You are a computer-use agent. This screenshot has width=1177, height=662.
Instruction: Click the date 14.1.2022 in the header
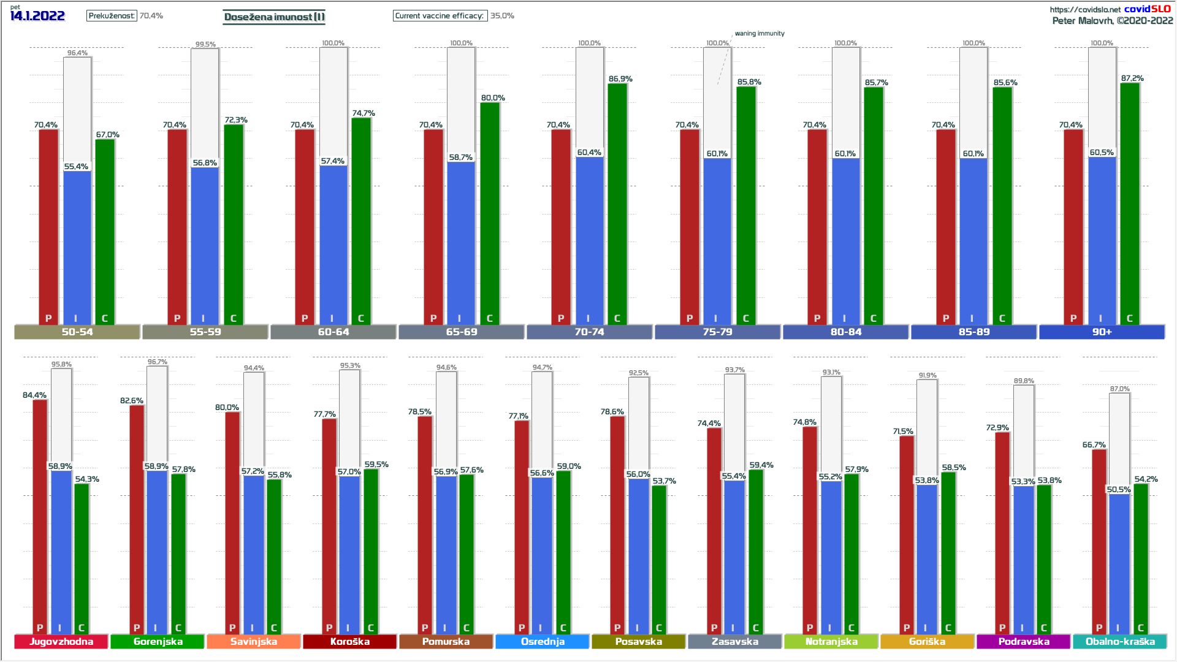click(x=37, y=16)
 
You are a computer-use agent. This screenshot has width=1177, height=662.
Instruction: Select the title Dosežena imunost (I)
click(x=274, y=17)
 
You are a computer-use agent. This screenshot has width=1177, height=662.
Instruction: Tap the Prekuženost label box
click(x=112, y=16)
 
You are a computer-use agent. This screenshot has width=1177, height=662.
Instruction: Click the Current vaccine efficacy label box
click(x=440, y=16)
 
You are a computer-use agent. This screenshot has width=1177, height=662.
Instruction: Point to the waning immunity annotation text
click(x=760, y=34)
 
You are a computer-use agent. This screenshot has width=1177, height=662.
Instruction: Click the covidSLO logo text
click(x=1147, y=9)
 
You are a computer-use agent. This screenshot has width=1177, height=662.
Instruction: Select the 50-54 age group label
click(x=77, y=332)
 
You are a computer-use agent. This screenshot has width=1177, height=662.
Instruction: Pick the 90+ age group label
click(x=1102, y=332)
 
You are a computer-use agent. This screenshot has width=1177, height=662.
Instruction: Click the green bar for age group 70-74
click(x=617, y=202)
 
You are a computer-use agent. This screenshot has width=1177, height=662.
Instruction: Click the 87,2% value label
click(x=1132, y=78)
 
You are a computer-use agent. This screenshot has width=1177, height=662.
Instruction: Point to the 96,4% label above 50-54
click(x=77, y=53)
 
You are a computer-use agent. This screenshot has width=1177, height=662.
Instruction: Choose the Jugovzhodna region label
click(x=61, y=641)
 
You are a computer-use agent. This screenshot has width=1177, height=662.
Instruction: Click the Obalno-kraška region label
click(x=1120, y=641)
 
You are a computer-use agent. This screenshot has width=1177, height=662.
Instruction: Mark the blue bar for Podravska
click(x=1023, y=558)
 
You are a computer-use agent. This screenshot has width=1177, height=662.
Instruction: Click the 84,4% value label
click(x=34, y=395)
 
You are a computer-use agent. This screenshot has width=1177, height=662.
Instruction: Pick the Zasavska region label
click(x=734, y=641)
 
